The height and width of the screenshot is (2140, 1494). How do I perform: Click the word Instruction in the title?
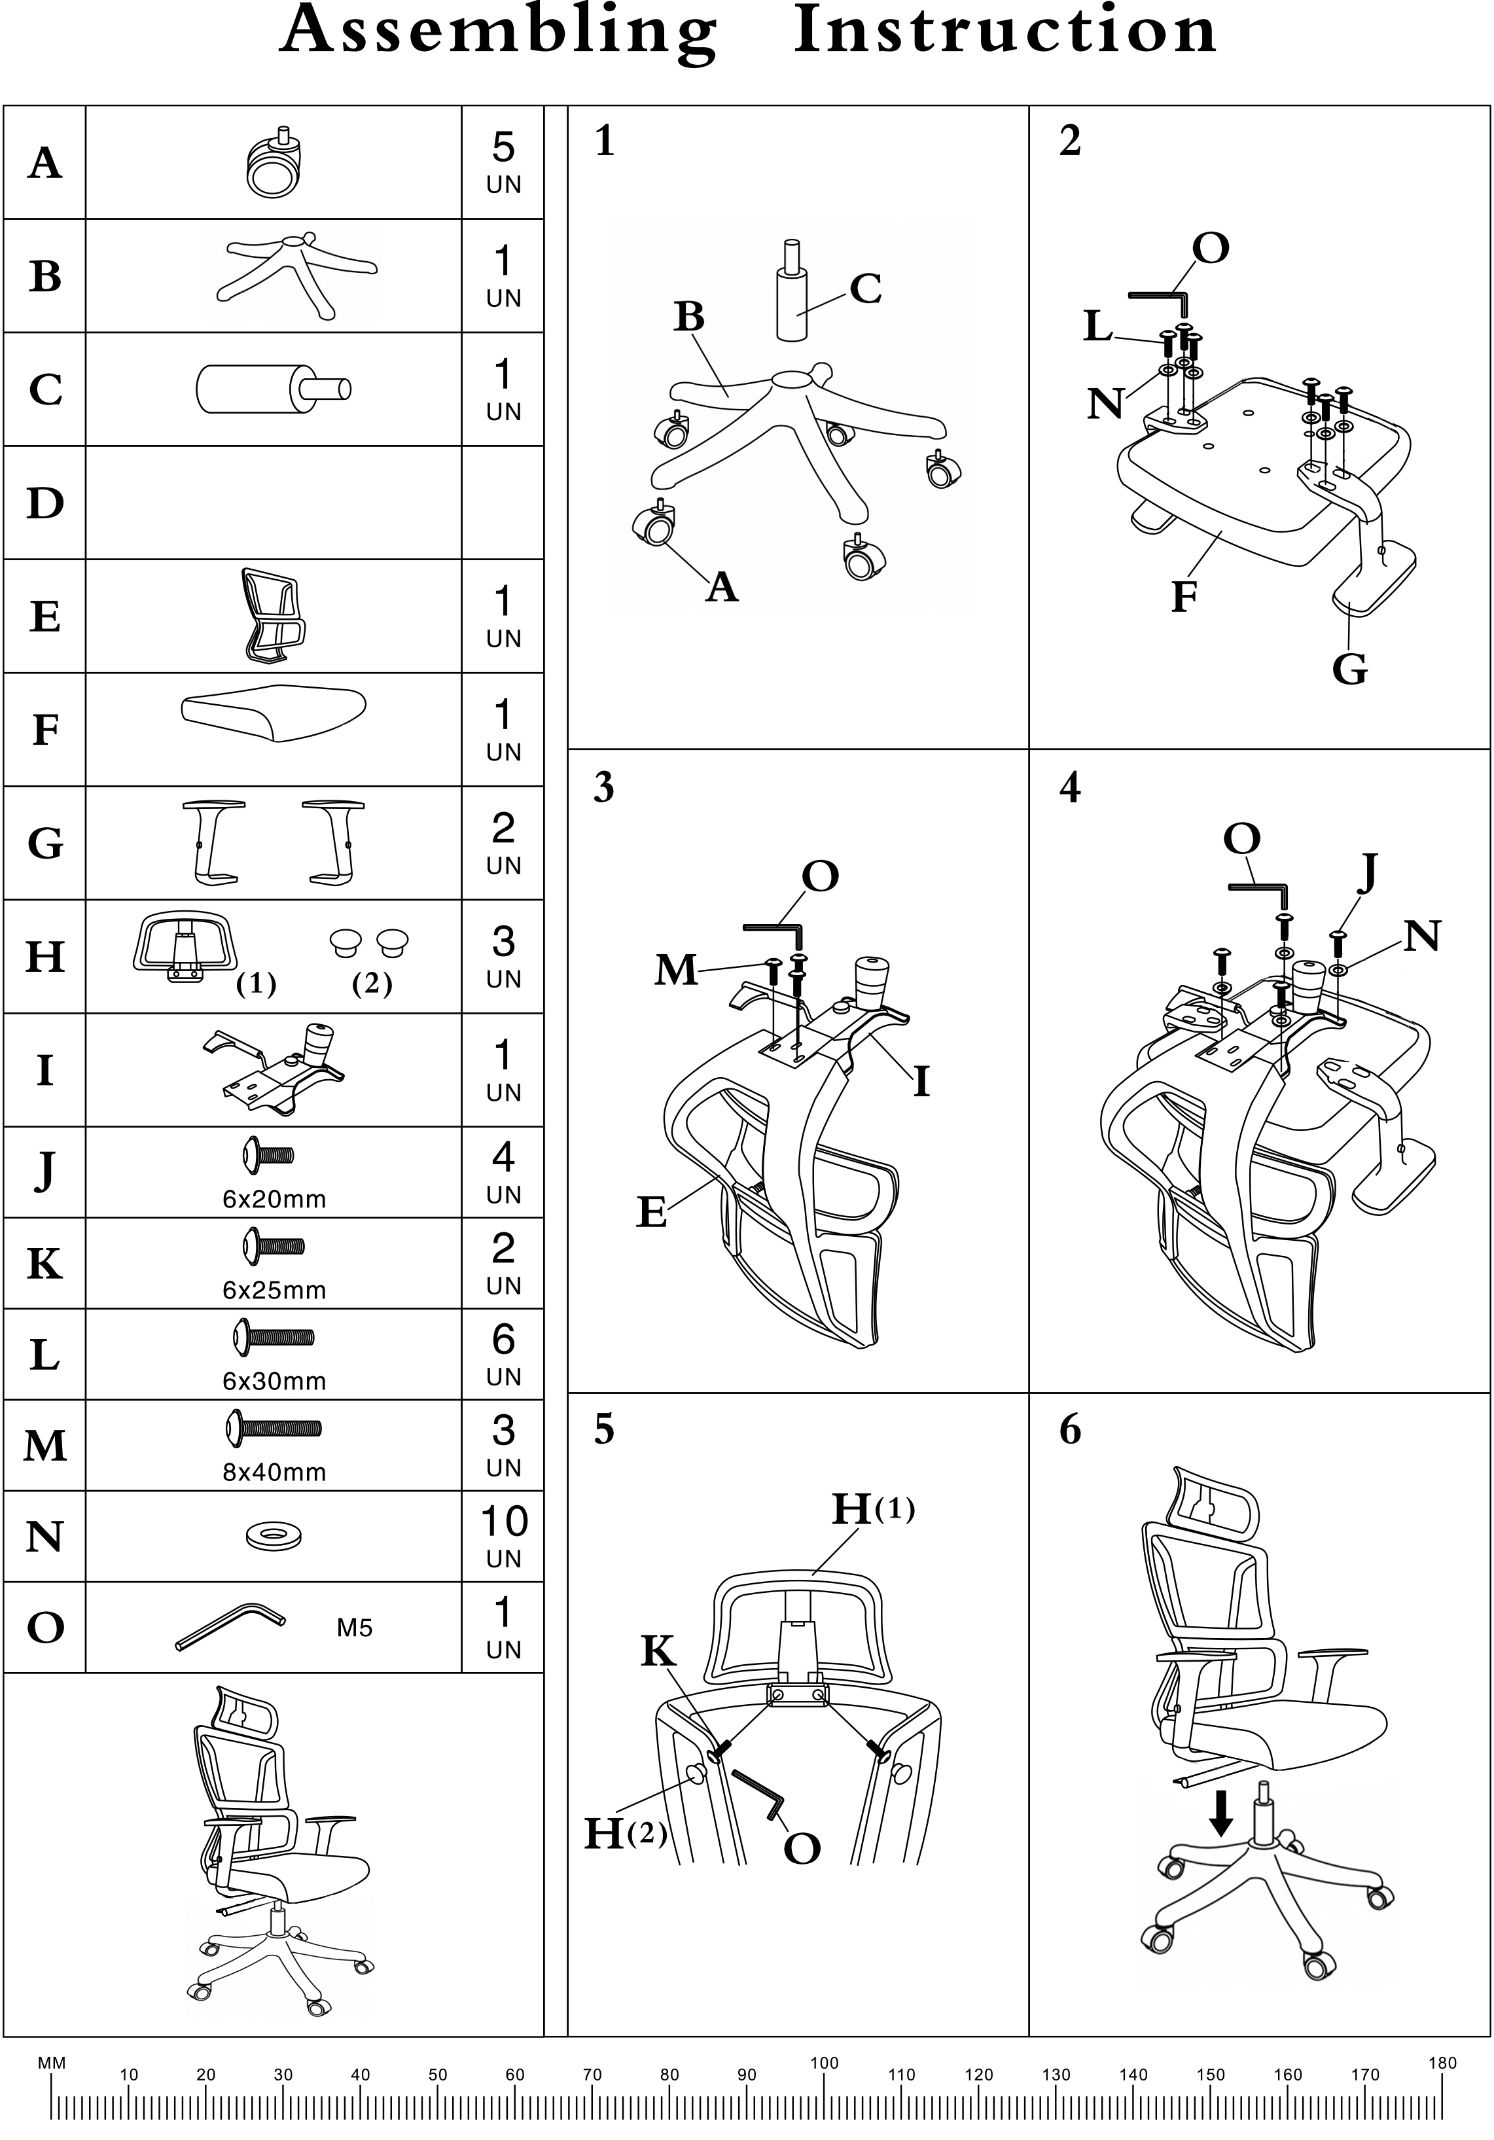pos(1005,31)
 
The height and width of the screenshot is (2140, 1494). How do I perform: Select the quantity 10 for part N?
pos(503,1521)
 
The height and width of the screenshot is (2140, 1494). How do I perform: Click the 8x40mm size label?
pos(274,1472)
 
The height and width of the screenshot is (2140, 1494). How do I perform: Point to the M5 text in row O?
pos(354,1628)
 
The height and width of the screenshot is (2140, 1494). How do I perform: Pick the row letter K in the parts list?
pos(44,1264)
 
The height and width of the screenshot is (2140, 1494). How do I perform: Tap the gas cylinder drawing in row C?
pos(273,389)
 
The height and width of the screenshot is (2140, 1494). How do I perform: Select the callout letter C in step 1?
pos(865,289)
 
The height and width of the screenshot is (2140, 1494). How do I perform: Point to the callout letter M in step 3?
pos(676,971)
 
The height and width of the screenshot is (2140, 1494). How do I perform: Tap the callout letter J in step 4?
pos(1366,873)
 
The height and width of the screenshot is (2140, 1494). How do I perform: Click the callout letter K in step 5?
pos(658,1678)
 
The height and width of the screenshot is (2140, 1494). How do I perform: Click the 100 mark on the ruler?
pos(824,2063)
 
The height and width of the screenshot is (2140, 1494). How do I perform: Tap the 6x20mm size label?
pos(274,1199)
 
